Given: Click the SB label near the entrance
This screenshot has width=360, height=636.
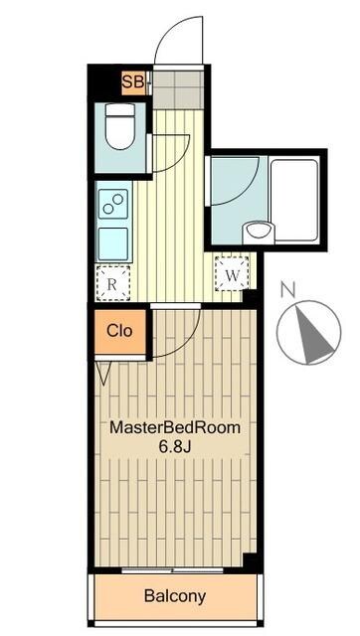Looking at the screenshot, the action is pyautogui.click(x=133, y=82).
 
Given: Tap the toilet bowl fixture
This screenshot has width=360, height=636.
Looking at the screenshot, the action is pyautogui.click(x=120, y=126).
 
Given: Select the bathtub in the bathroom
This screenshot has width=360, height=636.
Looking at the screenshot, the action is pyautogui.click(x=294, y=201).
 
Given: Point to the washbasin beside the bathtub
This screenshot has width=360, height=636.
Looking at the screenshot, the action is pyautogui.click(x=259, y=232).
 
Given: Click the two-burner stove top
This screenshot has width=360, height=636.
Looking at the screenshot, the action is pyautogui.click(x=113, y=204).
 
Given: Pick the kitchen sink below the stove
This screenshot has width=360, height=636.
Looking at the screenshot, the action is pyautogui.click(x=113, y=243).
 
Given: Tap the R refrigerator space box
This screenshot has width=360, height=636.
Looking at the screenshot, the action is pyautogui.click(x=113, y=283).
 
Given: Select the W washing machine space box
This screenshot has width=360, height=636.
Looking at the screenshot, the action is pyautogui.click(x=232, y=274).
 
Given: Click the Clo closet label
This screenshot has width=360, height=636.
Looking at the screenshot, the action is pyautogui.click(x=119, y=331).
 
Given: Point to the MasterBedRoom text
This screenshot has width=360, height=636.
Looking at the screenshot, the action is pyautogui.click(x=175, y=428).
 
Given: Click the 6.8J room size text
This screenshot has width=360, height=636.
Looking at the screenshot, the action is pyautogui.click(x=175, y=447).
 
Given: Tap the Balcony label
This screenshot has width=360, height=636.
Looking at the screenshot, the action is pyautogui.click(x=175, y=596).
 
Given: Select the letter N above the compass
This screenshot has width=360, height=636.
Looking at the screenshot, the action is pyautogui.click(x=287, y=289).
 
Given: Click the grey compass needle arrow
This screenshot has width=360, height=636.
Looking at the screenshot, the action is pyautogui.click(x=312, y=335).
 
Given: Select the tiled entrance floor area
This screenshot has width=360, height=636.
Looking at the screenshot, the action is pyautogui.click(x=177, y=89).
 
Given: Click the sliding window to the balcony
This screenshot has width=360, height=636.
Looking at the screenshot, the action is pyautogui.click(x=172, y=570).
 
